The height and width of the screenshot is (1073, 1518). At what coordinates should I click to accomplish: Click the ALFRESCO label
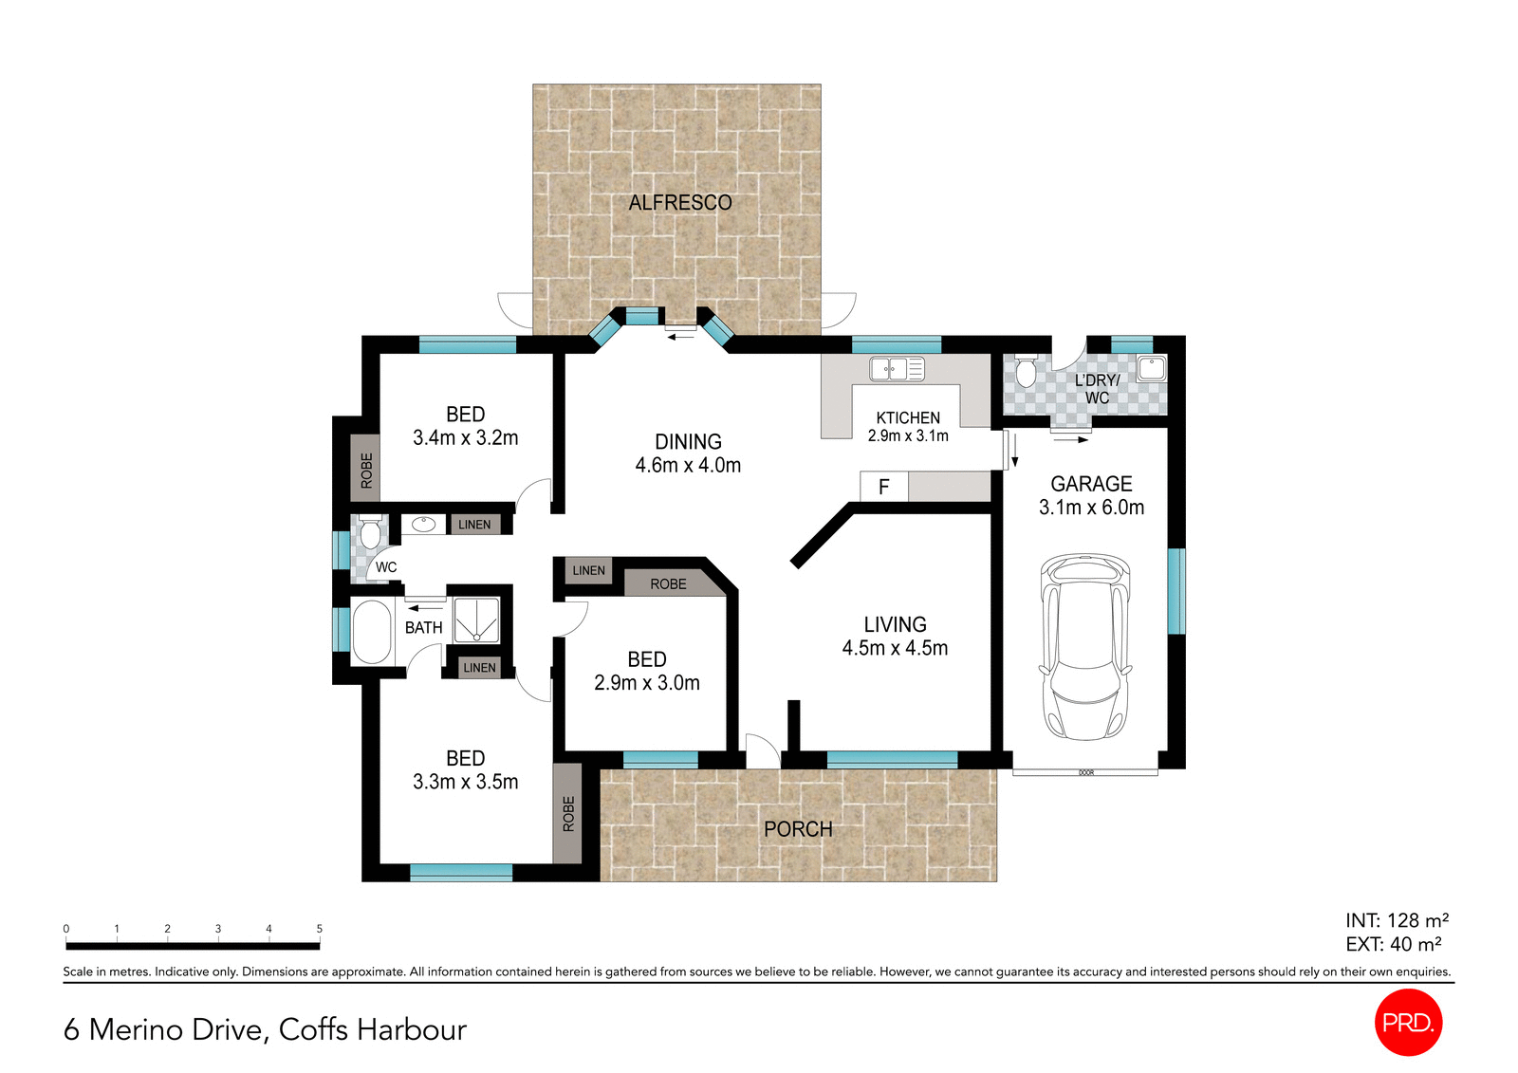[679, 202]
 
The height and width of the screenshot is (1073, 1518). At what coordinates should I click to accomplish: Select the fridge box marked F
[883, 487]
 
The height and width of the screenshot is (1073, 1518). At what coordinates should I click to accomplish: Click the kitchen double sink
[897, 368]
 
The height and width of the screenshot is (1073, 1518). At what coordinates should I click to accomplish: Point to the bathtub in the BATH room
[371, 631]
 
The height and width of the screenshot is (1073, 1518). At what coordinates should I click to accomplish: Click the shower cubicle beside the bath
[476, 620]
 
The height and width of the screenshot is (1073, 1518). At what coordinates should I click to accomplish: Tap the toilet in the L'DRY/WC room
[1026, 372]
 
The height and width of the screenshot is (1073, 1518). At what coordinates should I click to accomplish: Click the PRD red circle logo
[1408, 1022]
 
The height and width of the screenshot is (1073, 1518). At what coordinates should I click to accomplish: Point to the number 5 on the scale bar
[319, 929]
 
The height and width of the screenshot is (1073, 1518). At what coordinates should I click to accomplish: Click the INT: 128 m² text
[1396, 920]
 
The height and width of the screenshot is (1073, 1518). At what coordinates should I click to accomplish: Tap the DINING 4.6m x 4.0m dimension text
[688, 465]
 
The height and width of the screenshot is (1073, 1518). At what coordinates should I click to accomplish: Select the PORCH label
[798, 829]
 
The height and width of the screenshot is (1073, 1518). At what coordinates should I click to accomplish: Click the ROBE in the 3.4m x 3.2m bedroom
[366, 469]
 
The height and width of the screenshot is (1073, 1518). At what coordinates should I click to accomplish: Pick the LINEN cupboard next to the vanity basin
[474, 524]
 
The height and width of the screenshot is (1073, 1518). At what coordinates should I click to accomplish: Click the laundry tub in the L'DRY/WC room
[1151, 367]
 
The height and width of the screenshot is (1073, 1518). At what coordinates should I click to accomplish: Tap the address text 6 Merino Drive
[265, 1029]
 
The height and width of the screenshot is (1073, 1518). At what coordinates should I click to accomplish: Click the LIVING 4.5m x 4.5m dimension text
[895, 648]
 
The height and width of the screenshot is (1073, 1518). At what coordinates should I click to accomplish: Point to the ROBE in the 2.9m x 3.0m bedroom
[668, 583]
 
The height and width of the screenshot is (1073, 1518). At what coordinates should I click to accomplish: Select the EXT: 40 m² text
[1393, 944]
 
